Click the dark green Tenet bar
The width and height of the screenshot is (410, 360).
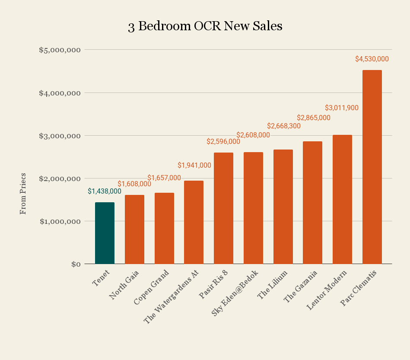[105, 233]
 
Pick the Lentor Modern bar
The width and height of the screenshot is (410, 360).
[342, 199]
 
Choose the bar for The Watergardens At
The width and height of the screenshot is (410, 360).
[194, 222]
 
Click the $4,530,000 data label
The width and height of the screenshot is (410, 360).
[372, 59]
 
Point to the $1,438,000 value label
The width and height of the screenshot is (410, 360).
[105, 191]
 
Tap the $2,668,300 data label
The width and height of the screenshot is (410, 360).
[284, 126]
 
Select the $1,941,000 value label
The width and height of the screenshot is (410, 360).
[194, 165]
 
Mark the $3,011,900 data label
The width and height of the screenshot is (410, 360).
[342, 108]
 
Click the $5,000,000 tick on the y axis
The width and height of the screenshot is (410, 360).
[60, 50]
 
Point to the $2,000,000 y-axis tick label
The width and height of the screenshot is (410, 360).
[60, 178]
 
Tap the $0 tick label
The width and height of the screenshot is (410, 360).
[76, 264]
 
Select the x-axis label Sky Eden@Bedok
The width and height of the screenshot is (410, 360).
[235, 293]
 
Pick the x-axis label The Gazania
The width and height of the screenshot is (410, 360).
[301, 286]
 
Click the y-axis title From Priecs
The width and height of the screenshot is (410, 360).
[23, 194]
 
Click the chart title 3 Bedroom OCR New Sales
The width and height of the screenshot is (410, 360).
[205, 26]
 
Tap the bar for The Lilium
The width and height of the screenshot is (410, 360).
[283, 207]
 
